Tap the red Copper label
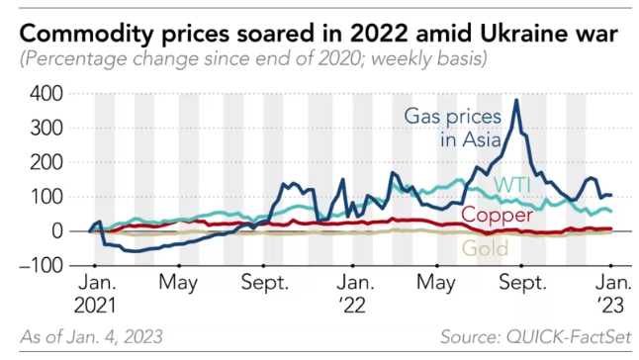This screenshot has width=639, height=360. coord(498,215)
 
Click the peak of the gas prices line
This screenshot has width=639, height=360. coord(516,100)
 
